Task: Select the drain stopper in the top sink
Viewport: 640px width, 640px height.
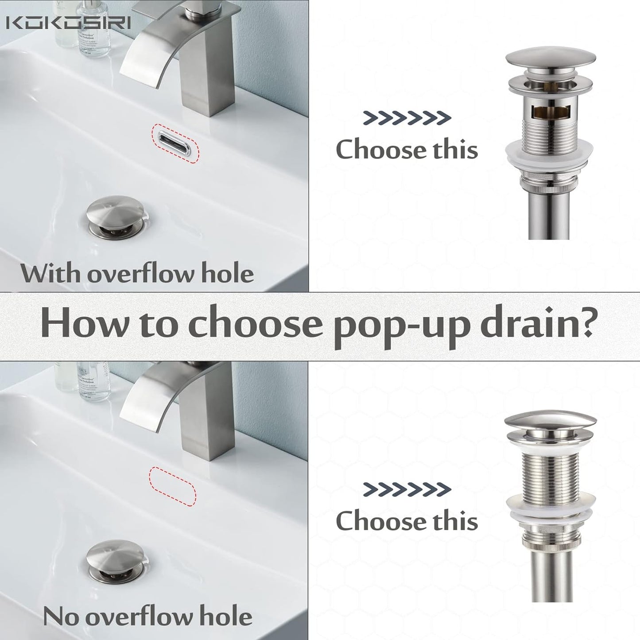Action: click(116, 217)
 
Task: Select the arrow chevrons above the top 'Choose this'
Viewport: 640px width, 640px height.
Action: click(407, 118)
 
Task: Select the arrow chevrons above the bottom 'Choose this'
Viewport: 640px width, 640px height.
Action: click(407, 489)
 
